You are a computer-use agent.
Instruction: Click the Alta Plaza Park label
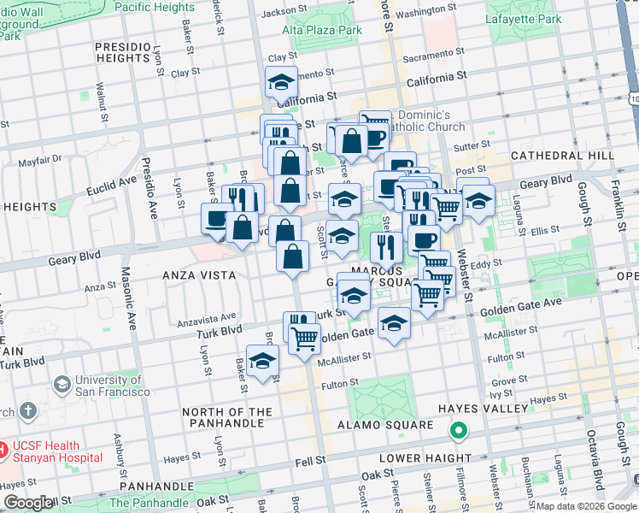pyautogui.click(x=323, y=29)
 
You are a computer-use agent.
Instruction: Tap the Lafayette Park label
pyautogui.click(x=523, y=19)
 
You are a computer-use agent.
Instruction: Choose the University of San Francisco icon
pyautogui.click(x=62, y=385)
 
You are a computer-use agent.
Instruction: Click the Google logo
pyautogui.click(x=28, y=503)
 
